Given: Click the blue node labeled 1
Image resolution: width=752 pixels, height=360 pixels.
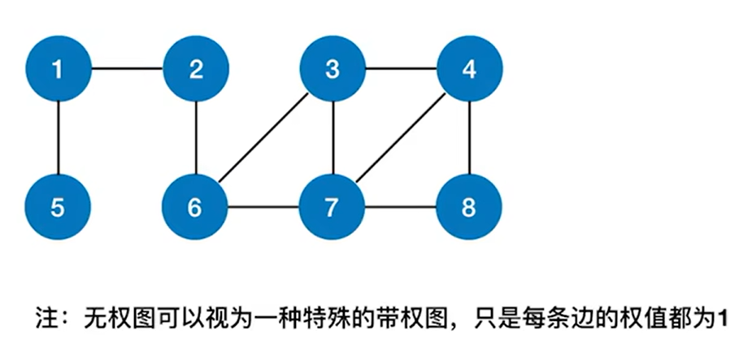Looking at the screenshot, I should [x=57, y=70].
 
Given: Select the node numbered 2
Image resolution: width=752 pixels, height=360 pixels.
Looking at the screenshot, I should [x=195, y=70].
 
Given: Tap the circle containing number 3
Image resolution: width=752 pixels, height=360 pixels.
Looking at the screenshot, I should [x=332, y=70].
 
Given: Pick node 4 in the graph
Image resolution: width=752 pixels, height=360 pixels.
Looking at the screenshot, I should [x=468, y=70].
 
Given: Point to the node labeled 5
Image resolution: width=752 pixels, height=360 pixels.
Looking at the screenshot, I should [x=57, y=208].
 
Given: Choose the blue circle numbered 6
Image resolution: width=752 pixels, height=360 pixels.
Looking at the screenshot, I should [x=195, y=208].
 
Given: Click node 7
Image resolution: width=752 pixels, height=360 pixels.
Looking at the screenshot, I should [x=332, y=208].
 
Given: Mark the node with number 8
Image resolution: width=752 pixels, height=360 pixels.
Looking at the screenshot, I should [x=468, y=208].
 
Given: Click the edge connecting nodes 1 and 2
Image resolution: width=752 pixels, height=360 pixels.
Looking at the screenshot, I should [x=126, y=70].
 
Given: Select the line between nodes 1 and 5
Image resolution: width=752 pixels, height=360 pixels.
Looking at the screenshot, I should [x=57, y=139].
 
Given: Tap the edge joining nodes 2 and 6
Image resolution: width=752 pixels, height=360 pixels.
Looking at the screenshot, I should [x=195, y=139].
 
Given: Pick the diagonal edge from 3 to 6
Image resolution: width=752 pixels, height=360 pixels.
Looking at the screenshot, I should [x=263, y=139].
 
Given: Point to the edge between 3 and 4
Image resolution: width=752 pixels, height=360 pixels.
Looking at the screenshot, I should [x=400, y=70].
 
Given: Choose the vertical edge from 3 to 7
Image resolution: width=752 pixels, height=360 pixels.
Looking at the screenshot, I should [x=332, y=139].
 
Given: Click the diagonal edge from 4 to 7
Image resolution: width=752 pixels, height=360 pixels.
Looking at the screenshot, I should [x=400, y=139].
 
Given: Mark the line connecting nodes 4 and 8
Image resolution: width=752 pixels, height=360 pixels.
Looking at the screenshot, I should [x=468, y=139].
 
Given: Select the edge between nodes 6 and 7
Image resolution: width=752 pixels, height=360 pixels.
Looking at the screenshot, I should [x=263, y=208].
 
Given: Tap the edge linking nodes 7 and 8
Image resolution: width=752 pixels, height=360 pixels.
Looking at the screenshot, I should [x=400, y=208].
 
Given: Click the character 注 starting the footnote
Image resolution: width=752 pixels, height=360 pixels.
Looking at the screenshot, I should [x=46, y=316].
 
